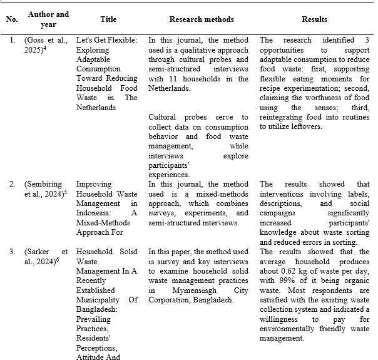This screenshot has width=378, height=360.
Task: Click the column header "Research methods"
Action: tap(198, 19)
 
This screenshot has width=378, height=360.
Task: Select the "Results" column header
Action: tap(314, 19)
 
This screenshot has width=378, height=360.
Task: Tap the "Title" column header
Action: tap(107, 19)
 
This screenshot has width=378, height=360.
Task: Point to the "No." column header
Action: tap(11, 19)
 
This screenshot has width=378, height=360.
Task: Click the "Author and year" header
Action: tap(48, 19)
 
